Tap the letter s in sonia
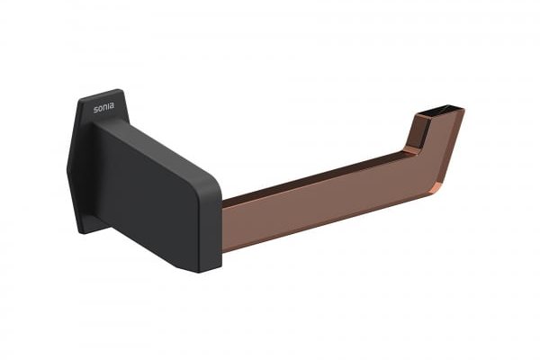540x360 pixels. pos(96,110)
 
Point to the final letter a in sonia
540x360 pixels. pos(112,106)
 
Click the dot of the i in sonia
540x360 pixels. pos(108,103)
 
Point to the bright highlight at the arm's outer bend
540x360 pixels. pos(436,188)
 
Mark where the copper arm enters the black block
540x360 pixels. pos(222,228)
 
